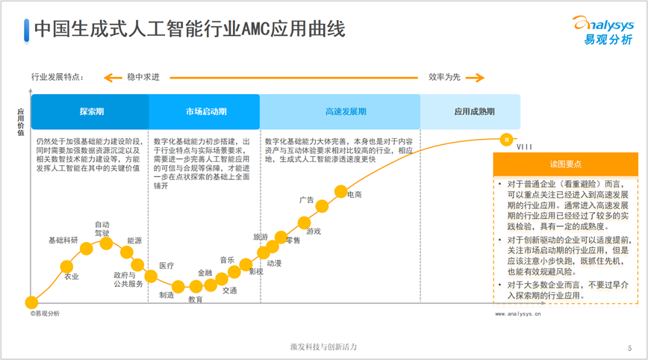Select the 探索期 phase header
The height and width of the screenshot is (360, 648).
(91, 111)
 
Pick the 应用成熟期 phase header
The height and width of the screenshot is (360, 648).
(474, 111)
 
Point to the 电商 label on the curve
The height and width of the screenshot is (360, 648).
(355, 195)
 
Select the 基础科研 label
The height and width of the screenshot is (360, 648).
(63, 240)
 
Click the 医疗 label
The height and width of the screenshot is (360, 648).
(166, 266)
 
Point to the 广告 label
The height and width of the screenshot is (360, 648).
(306, 199)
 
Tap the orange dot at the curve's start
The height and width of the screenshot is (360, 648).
(31, 302)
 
